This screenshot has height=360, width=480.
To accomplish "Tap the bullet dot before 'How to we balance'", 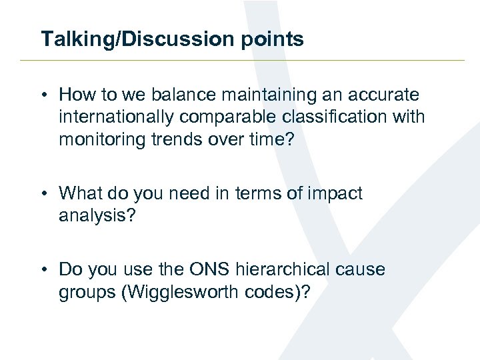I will [x=44, y=95].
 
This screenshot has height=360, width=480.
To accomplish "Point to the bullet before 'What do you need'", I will [x=44, y=193].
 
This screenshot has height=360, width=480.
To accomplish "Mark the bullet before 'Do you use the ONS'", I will [x=44, y=269].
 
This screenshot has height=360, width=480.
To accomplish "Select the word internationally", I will [x=117, y=117].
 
